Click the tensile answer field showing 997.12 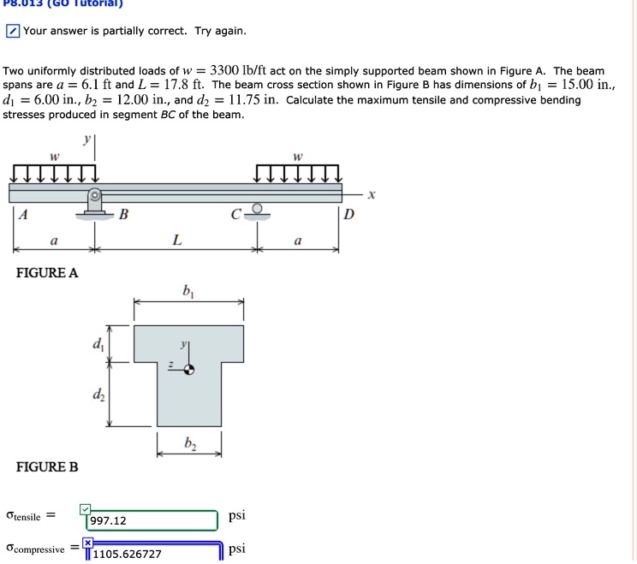151,520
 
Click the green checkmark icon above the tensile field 85,510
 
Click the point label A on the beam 23,216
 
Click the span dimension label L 176,240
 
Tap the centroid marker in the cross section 190,370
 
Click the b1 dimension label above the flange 188,291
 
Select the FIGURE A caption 47,273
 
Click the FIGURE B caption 47,466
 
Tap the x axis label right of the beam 371,194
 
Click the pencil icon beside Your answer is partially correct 12,32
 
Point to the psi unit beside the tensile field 237,515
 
